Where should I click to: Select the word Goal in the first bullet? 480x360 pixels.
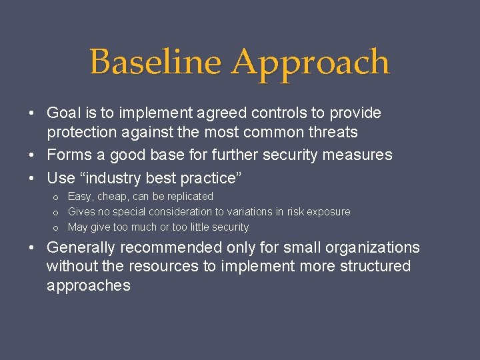(x=64, y=113)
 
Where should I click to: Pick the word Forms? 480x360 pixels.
(x=67, y=155)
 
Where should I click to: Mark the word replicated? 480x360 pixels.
(x=190, y=197)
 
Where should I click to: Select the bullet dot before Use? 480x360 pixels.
(x=32, y=179)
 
